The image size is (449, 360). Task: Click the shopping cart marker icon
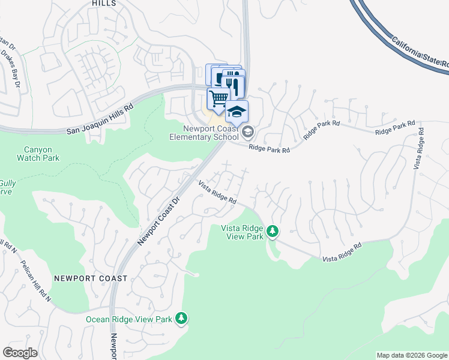[219, 98]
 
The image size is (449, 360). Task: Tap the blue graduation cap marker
[237, 111]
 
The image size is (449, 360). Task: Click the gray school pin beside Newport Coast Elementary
[249, 131]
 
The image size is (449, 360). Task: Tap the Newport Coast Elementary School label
[211, 132]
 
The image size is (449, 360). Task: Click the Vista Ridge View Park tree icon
[273, 231]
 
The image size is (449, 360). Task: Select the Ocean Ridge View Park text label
[129, 319]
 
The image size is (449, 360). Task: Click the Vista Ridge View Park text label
[243, 232]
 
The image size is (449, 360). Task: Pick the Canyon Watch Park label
[41, 154]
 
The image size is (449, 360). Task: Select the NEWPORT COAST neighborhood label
[90, 278]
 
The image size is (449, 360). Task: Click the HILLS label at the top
[104, 4]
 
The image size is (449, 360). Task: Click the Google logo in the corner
[20, 353]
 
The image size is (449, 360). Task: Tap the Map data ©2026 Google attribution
[411, 355]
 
